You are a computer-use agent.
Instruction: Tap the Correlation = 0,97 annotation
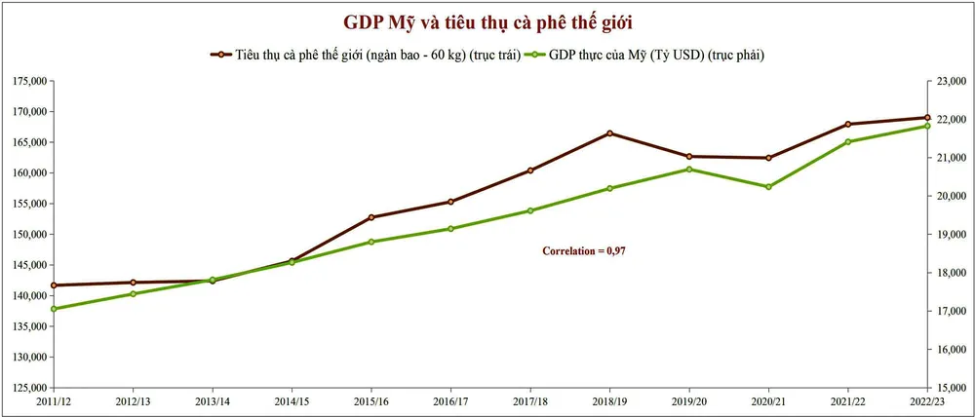coord(583,251)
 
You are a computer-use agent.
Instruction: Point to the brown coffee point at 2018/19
coord(609,133)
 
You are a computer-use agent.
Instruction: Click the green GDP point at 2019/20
coord(688,170)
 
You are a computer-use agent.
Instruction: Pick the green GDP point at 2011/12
coord(54,309)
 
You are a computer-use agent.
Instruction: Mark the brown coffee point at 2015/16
coord(371,217)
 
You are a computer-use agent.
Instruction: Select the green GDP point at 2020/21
coord(768,187)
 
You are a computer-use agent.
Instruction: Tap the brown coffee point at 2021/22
coord(847,124)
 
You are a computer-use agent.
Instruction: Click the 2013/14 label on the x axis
coord(213,401)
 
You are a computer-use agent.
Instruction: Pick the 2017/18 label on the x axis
coord(530,401)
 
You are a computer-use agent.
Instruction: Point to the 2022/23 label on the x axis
coord(926,401)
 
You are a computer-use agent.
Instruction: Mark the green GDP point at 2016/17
coord(450,229)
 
